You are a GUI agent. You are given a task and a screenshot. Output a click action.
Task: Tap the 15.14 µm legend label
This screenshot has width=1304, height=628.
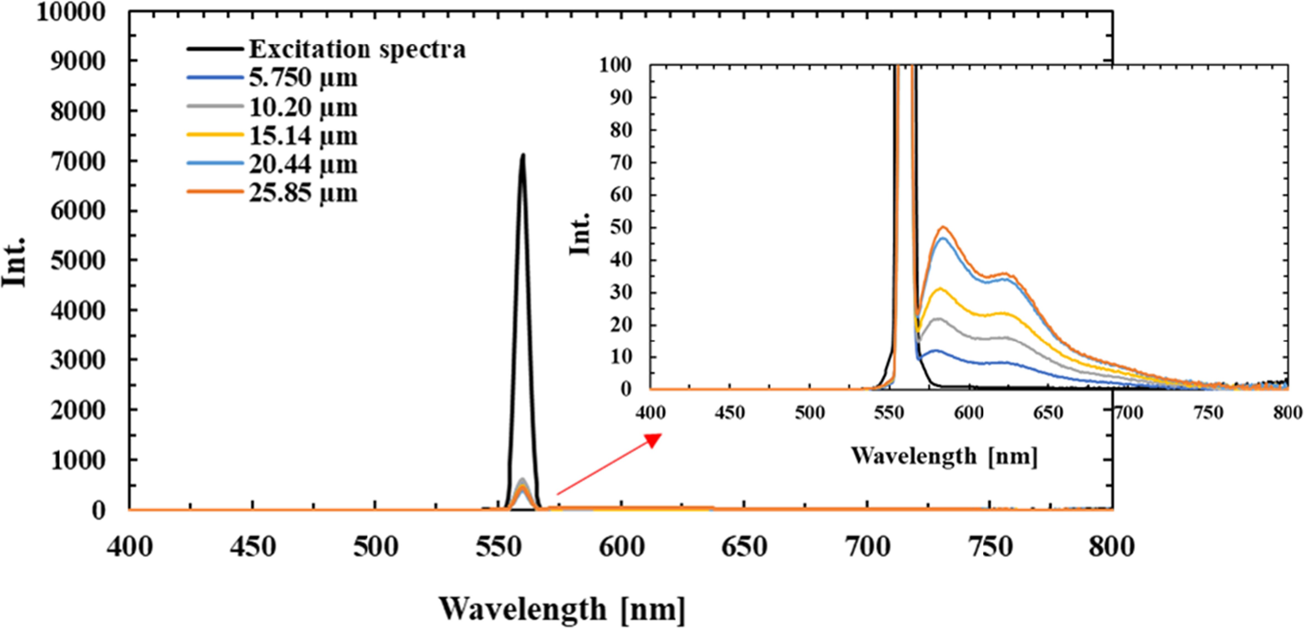(x=303, y=136)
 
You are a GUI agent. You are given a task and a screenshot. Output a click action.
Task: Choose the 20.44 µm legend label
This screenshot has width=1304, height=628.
(x=303, y=164)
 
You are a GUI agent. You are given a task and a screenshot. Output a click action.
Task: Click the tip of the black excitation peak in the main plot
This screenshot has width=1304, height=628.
(x=523, y=155)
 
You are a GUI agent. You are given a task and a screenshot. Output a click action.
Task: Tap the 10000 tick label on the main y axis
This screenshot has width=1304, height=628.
(x=71, y=12)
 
